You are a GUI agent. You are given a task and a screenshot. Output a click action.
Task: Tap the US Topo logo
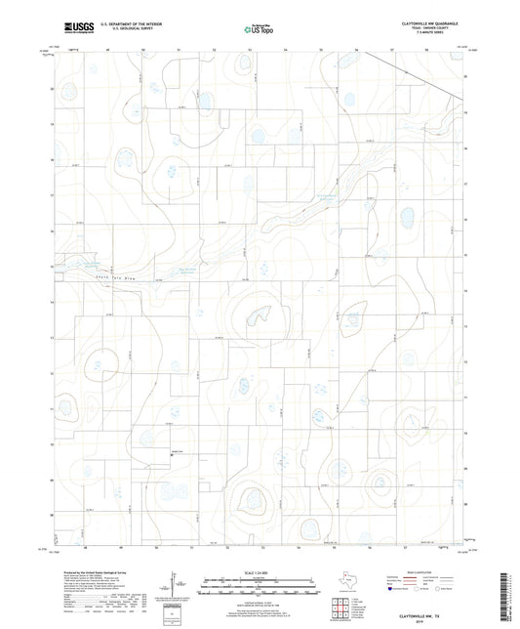pyautogui.click(x=255, y=31)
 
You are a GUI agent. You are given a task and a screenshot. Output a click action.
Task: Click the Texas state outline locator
pyautogui.click(x=345, y=582)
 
